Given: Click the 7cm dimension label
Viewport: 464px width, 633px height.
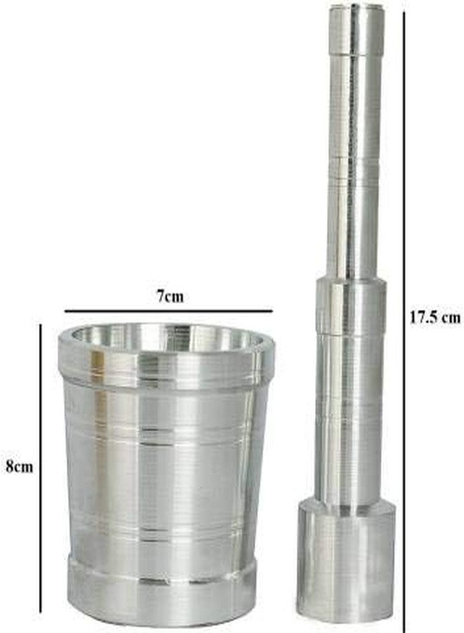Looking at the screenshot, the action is pyautogui.click(x=170, y=297).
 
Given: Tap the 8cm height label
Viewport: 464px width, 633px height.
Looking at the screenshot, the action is pyautogui.click(x=19, y=467).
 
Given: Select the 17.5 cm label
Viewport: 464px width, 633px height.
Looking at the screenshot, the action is pyautogui.click(x=435, y=318).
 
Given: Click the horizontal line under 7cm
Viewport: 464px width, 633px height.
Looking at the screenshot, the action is pyautogui.click(x=169, y=311).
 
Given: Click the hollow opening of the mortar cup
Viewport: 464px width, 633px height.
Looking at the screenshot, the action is pyautogui.click(x=165, y=337).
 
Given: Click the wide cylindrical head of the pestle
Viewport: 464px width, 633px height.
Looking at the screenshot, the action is pyautogui.click(x=345, y=561).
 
